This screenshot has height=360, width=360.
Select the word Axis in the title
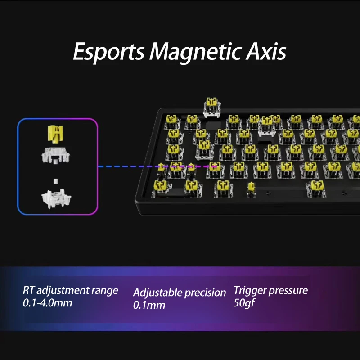266,52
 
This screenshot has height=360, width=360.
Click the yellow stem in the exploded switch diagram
56,133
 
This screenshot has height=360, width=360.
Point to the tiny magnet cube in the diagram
56,181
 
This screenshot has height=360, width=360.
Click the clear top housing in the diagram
56,154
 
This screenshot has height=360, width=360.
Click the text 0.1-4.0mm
47,303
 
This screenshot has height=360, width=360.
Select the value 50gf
244,302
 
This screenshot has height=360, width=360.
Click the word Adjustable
158,292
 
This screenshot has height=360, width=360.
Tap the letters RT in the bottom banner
29,290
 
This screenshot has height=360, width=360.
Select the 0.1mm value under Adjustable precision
149,305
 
